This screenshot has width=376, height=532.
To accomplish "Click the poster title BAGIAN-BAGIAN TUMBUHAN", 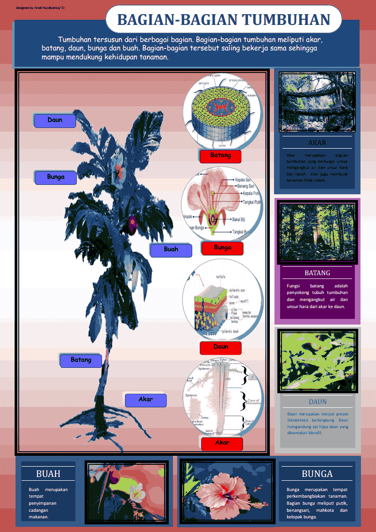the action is click(x=223, y=20).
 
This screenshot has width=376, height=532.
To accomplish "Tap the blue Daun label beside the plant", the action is click(x=55, y=120).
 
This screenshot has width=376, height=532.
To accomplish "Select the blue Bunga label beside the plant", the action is click(x=55, y=177).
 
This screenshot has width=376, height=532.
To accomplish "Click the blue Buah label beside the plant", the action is click(x=171, y=250).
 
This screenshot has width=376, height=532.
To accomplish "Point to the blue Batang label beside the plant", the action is click(x=81, y=360).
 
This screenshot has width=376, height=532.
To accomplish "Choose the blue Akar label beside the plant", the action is click(x=146, y=400).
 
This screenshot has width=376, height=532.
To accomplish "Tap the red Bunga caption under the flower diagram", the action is click(x=222, y=248).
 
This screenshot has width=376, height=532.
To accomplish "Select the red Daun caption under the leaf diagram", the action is click(x=220, y=347).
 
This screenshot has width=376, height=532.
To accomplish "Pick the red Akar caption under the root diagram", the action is click(x=222, y=443).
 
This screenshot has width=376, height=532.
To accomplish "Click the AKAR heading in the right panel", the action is click(x=317, y=143).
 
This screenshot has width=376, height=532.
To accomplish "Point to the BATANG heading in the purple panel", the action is click(x=317, y=273).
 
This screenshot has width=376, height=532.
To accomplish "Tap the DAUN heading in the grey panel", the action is click(x=318, y=402).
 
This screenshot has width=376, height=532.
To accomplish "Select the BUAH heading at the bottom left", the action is click(x=48, y=474).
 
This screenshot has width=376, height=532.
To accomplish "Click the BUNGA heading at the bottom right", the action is click(x=317, y=474).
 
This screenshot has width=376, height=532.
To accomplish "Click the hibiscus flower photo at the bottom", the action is click(x=227, y=492).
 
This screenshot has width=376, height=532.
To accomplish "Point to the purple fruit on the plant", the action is click(x=132, y=222).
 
